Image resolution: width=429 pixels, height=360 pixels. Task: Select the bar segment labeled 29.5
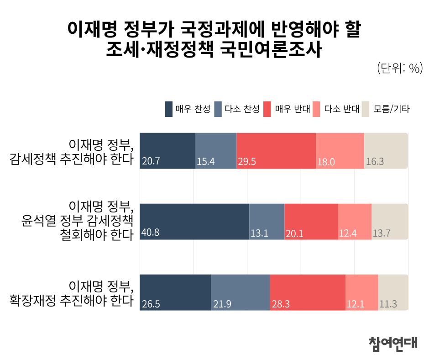pyautogui.click(x=276, y=151)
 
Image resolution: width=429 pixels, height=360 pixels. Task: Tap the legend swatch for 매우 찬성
pyautogui.click(x=169, y=109)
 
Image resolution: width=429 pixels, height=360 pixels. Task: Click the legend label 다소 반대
pyautogui.click(x=342, y=109)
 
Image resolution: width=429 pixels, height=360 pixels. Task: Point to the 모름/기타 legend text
pyautogui.click(x=391, y=109)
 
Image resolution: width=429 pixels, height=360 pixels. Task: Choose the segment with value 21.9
pyautogui.click(x=240, y=292)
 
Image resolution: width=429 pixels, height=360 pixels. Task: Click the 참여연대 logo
pyautogui.click(x=392, y=343)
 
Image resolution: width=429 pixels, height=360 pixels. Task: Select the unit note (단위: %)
pyautogui.click(x=400, y=68)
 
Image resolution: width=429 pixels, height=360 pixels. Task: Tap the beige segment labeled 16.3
pyautogui.click(x=386, y=151)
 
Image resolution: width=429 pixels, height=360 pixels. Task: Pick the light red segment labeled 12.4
pyautogui.click(x=355, y=222)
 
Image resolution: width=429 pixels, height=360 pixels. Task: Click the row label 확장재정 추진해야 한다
pyautogui.click(x=72, y=302)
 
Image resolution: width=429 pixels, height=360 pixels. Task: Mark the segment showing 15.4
pyautogui.click(x=216, y=151)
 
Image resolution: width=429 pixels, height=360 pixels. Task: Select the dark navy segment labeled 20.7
pyautogui.click(x=167, y=151)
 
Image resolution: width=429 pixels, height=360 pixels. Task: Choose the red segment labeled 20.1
pyautogui.click(x=311, y=222)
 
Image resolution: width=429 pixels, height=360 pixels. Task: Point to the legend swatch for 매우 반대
pyautogui.click(x=267, y=109)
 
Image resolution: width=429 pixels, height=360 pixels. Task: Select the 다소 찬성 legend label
pyautogui.click(x=242, y=109)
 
